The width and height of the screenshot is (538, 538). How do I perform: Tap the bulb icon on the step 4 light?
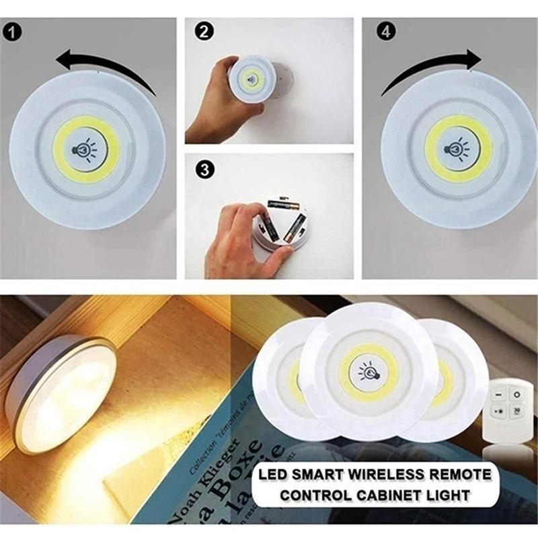click(459, 147)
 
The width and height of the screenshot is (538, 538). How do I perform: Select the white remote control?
click(510, 410)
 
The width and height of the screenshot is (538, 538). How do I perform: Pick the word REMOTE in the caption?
click(457, 475)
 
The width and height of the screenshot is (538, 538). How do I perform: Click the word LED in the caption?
click(274, 475)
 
